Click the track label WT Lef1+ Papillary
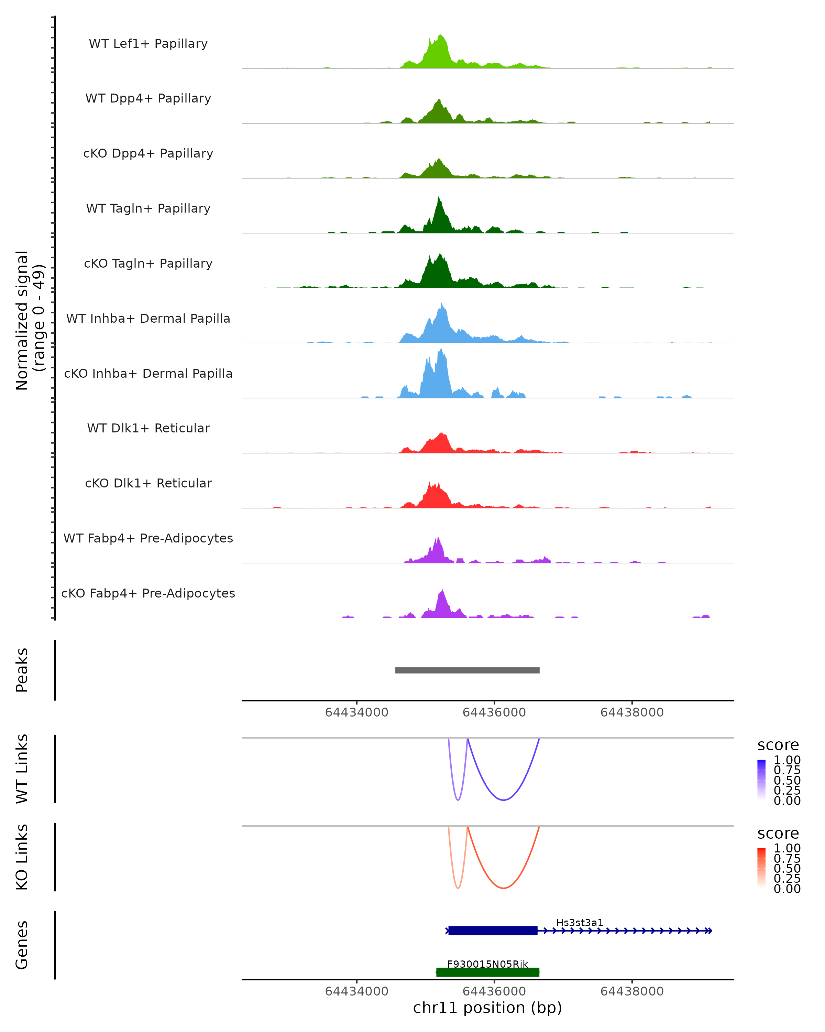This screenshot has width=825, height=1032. click(x=148, y=44)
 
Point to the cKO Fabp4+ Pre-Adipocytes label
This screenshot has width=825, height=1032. click(x=148, y=593)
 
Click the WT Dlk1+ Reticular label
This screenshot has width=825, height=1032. click(x=148, y=428)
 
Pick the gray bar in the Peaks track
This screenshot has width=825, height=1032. click(x=467, y=670)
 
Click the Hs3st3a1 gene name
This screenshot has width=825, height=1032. click(x=580, y=922)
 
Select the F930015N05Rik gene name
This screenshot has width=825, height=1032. click(x=487, y=964)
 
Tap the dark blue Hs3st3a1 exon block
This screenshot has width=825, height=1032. click(x=493, y=931)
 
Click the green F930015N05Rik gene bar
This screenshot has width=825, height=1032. click(x=488, y=972)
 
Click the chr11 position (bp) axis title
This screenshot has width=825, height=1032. click(x=487, y=1008)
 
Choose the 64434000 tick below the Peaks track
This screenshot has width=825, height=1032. click(x=356, y=712)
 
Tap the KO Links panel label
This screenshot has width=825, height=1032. click(x=22, y=857)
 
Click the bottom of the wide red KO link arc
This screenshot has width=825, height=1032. click(x=503, y=888)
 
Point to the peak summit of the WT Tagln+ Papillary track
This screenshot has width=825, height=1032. click(x=439, y=197)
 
